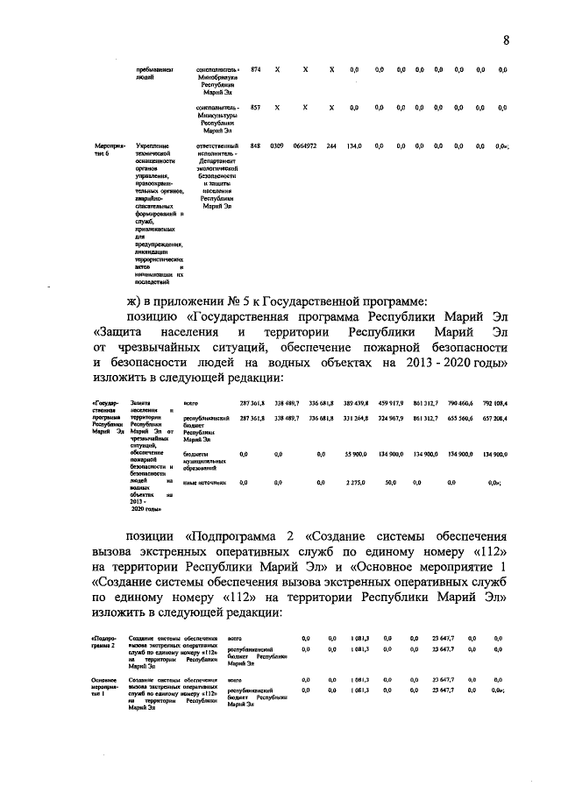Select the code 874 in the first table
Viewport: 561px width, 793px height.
[x=255, y=68]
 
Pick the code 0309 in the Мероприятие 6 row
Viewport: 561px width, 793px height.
[x=276, y=145]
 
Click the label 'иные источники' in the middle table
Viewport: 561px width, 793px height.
[x=204, y=482]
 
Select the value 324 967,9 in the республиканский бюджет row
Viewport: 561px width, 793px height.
[x=390, y=419]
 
